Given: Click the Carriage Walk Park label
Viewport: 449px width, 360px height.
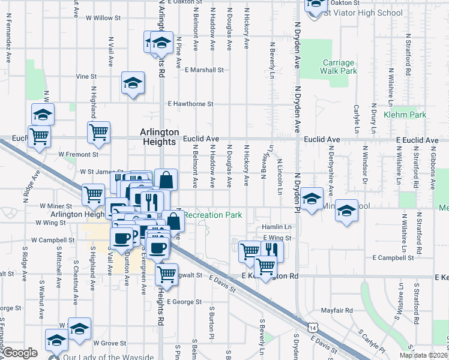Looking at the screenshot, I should [x=340, y=67].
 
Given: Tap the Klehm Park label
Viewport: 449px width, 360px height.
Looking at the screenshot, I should [x=405, y=114].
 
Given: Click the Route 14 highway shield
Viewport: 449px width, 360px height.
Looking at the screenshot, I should [x=312, y=327].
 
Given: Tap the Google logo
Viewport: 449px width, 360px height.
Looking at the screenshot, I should [x=20, y=353].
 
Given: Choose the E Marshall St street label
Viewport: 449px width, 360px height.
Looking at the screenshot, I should [x=204, y=70].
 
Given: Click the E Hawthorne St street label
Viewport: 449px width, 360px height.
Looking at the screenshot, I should [x=191, y=104].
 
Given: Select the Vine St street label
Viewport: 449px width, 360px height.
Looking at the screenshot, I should [x=86, y=76].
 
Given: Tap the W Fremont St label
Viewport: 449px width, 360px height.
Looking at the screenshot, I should [x=74, y=154].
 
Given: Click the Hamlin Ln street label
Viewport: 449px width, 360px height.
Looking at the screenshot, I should [x=277, y=227].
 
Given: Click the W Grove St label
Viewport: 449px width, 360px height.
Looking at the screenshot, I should [x=109, y=343].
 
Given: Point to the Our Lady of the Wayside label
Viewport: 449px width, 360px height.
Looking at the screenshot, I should [x=107, y=357].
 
